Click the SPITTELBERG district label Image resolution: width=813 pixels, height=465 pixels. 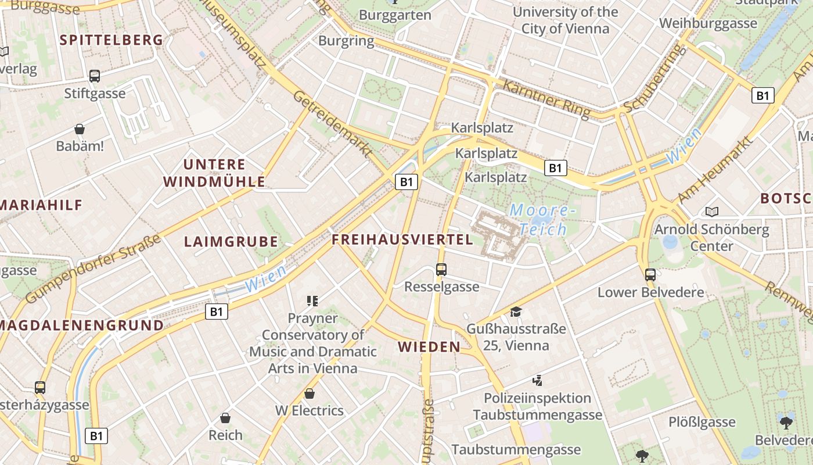[x=111, y=40]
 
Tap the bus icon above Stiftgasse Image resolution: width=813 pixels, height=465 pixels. [x=95, y=76]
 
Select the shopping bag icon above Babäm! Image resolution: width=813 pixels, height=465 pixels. [x=80, y=129]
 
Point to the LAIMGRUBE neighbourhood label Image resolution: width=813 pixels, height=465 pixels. [x=231, y=242]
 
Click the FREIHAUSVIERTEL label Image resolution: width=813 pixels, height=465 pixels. [x=402, y=239]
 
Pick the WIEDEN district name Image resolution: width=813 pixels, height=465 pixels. [x=429, y=347]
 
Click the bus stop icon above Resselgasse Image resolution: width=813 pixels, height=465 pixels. [x=441, y=269]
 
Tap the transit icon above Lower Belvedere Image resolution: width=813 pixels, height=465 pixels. [x=650, y=274]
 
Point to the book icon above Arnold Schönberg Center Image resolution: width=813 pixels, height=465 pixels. [x=712, y=212]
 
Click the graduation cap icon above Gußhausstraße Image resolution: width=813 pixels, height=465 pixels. [x=516, y=312]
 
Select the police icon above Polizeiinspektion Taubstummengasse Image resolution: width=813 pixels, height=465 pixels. [x=537, y=381]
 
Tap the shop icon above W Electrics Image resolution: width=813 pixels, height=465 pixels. [x=310, y=394]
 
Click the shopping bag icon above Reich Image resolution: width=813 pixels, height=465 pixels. [x=225, y=418]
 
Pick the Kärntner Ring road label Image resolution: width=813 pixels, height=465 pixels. [x=546, y=98]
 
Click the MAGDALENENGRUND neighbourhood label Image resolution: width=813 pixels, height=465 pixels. [x=82, y=325]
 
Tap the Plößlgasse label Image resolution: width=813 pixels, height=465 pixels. [x=702, y=422]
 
